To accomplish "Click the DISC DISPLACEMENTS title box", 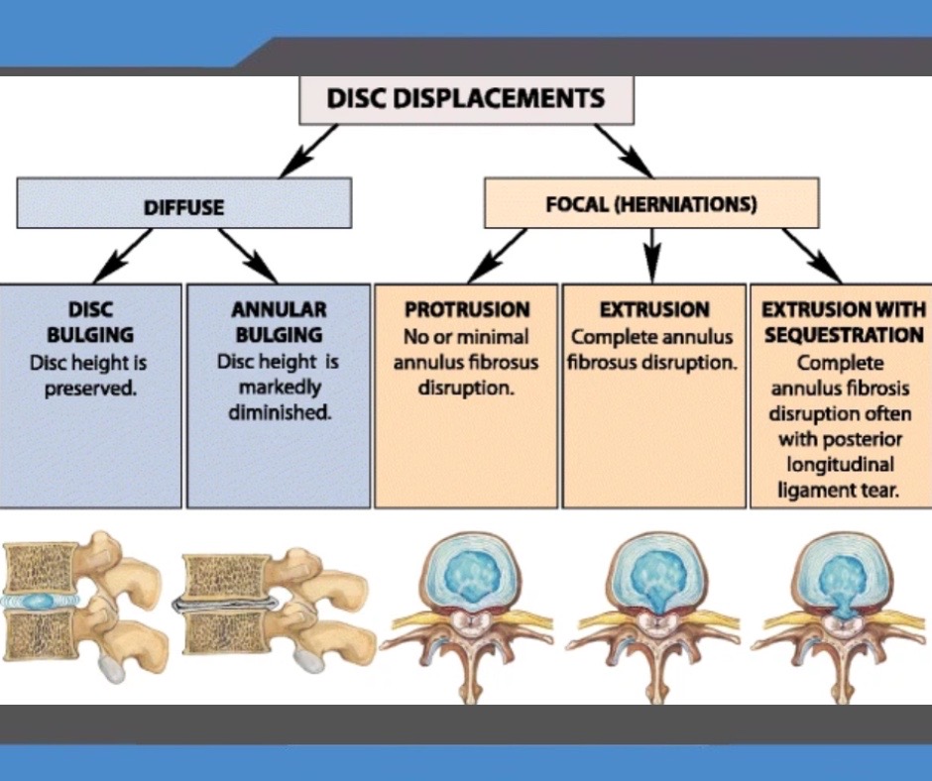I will coord(465,99).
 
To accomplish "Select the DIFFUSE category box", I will coord(184,206).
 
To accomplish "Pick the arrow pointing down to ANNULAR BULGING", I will coord(245,256).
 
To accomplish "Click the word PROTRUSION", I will coord(467,309).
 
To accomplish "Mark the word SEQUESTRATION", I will coord(843,336).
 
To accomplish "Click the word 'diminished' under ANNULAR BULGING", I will coord(279,412).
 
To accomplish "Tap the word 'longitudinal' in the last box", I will coord(841,464).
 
